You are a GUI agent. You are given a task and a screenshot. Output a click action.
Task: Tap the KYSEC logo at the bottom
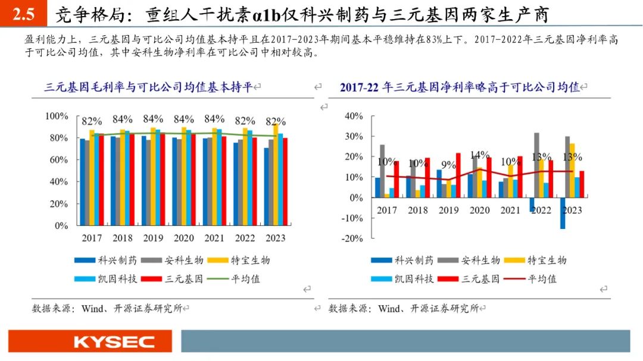click(114, 342)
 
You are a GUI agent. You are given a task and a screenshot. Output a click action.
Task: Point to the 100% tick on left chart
click(58, 115)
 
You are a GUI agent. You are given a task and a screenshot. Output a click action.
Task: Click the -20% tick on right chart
click(354, 238)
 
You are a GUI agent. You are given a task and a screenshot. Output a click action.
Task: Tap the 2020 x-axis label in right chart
click(479, 210)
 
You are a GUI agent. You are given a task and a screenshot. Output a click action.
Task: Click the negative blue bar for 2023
click(562, 213)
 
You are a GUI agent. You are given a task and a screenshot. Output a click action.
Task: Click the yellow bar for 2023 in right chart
click(572, 170)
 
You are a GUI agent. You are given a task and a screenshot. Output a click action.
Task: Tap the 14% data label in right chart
click(479, 155)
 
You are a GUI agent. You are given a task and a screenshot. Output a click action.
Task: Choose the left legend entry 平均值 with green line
click(235, 278)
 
